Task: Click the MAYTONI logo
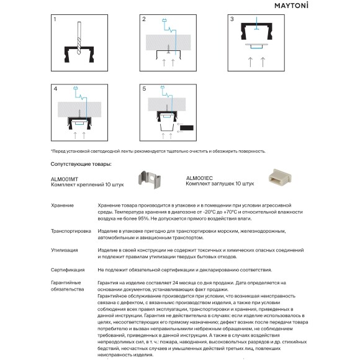[x=291, y=6]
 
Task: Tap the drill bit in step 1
[x=79, y=38]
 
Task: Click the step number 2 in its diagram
[x=144, y=19]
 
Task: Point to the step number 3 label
[x=232, y=19]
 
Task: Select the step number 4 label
[x=55, y=89]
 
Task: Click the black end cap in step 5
[x=187, y=128]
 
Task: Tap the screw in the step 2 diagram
[x=169, y=48]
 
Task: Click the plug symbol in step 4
[x=75, y=88]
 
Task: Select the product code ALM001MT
[x=65, y=179]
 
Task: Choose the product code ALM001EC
[x=199, y=178]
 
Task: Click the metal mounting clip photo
[x=150, y=180]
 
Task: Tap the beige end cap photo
[x=280, y=177]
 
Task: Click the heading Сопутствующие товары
[x=81, y=164]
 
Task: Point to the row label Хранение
[x=62, y=205]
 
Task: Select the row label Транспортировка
[x=71, y=231]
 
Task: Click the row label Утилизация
[x=65, y=250]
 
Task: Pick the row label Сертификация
[x=68, y=270]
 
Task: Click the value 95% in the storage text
[x=143, y=218]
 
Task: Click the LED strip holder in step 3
[x=256, y=45]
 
